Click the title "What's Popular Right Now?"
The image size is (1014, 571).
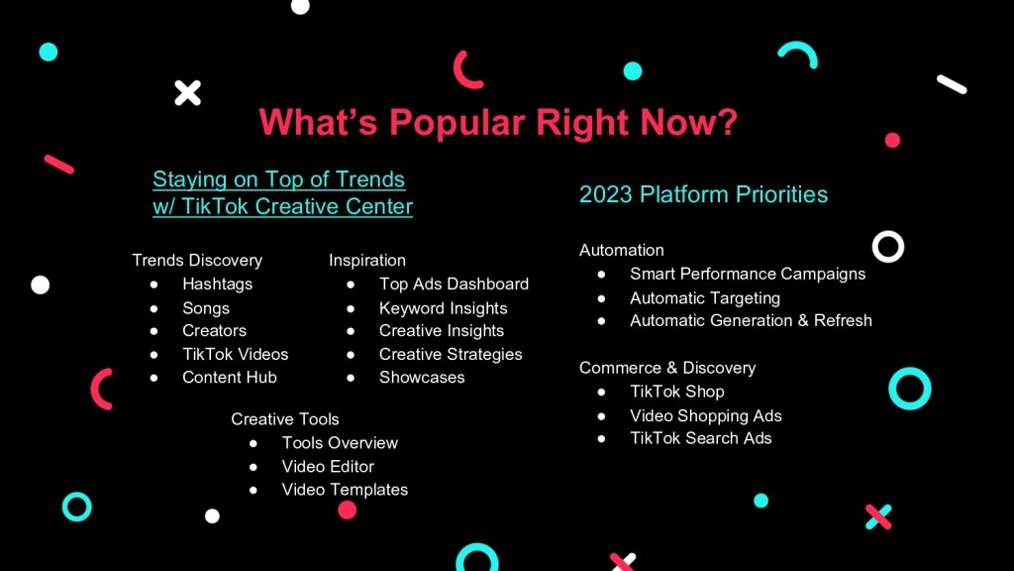pyautogui.click(x=498, y=122)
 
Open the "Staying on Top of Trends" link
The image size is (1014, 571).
pyautogui.click(x=278, y=179)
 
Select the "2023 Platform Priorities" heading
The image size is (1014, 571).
pyautogui.click(x=703, y=194)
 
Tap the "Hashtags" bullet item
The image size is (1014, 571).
pyautogui.click(x=217, y=285)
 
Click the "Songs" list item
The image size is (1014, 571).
pyautogui.click(x=206, y=308)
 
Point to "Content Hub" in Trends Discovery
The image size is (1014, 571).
pyautogui.click(x=230, y=378)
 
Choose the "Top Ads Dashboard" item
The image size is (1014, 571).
pyautogui.click(x=454, y=285)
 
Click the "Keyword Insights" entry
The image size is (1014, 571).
pyautogui.click(x=443, y=308)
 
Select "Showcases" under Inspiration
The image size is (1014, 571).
pyautogui.click(x=422, y=378)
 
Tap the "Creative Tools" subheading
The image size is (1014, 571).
pyautogui.click(x=285, y=419)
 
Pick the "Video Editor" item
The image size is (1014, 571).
pyautogui.click(x=328, y=467)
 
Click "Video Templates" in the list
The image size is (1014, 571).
pyautogui.click(x=345, y=490)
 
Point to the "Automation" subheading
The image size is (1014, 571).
pyautogui.click(x=622, y=250)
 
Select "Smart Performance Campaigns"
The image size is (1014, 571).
pyautogui.click(x=748, y=274)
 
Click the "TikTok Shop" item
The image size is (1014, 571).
pyautogui.click(x=677, y=392)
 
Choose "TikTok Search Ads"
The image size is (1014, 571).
pyautogui.click(x=701, y=438)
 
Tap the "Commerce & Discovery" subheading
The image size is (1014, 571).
pyautogui.click(x=667, y=368)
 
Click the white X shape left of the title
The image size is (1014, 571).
pyautogui.click(x=187, y=93)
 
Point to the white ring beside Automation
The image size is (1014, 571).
pyautogui.click(x=888, y=233)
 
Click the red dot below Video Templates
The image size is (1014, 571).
pyautogui.click(x=348, y=511)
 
